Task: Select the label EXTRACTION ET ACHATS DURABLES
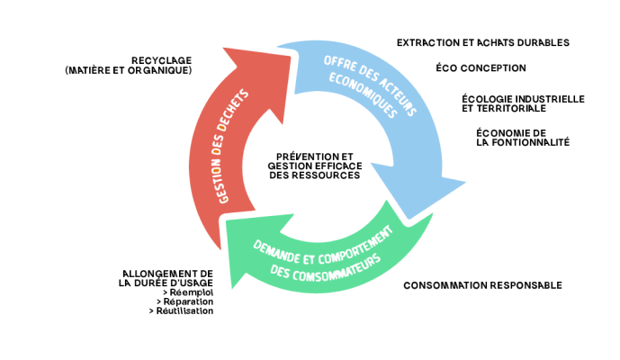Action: [x=482, y=42]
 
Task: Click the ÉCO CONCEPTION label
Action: [x=481, y=67]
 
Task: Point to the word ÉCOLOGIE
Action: [x=487, y=98]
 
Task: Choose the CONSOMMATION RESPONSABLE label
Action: [x=482, y=285]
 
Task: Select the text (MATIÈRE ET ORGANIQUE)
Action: [x=129, y=69]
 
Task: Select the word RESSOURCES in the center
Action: [x=330, y=175]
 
